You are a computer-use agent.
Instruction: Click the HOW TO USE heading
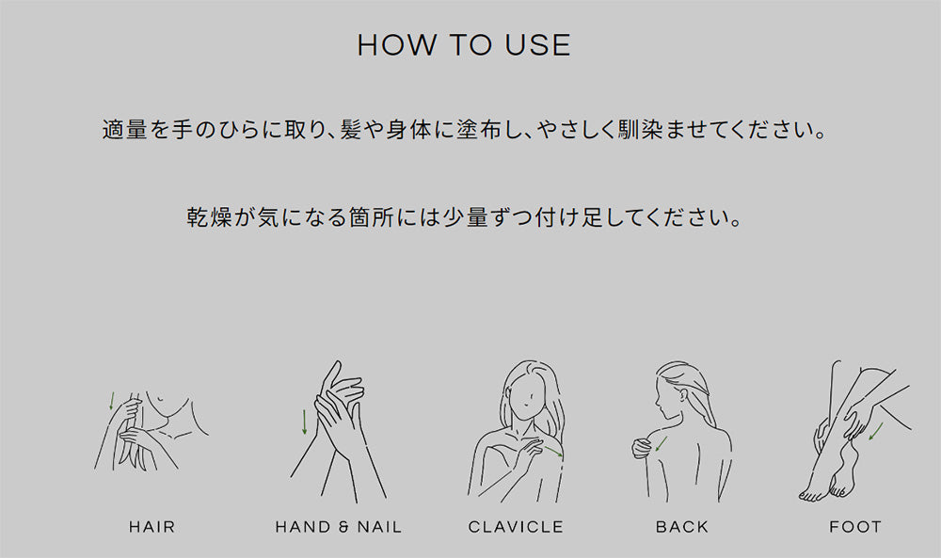tap(464, 45)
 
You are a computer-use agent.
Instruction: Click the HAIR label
tap(152, 527)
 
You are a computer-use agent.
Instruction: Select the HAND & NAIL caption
tap(339, 527)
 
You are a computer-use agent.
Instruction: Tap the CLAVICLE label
tap(516, 527)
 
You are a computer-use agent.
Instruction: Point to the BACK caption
tap(681, 527)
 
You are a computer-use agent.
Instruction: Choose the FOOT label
tap(855, 527)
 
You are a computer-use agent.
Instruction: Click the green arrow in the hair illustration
tap(111, 401)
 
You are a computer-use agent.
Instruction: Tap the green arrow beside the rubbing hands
tap(305, 422)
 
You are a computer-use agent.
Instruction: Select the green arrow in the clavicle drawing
tap(553, 452)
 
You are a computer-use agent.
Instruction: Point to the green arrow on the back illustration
tap(661, 444)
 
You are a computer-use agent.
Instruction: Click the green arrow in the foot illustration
tap(875, 431)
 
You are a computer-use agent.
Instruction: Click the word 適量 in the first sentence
tap(125, 130)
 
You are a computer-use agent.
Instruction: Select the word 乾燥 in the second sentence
tap(209, 217)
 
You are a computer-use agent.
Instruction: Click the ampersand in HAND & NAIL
tap(343, 527)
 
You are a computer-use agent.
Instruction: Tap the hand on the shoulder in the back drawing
tap(642, 448)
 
